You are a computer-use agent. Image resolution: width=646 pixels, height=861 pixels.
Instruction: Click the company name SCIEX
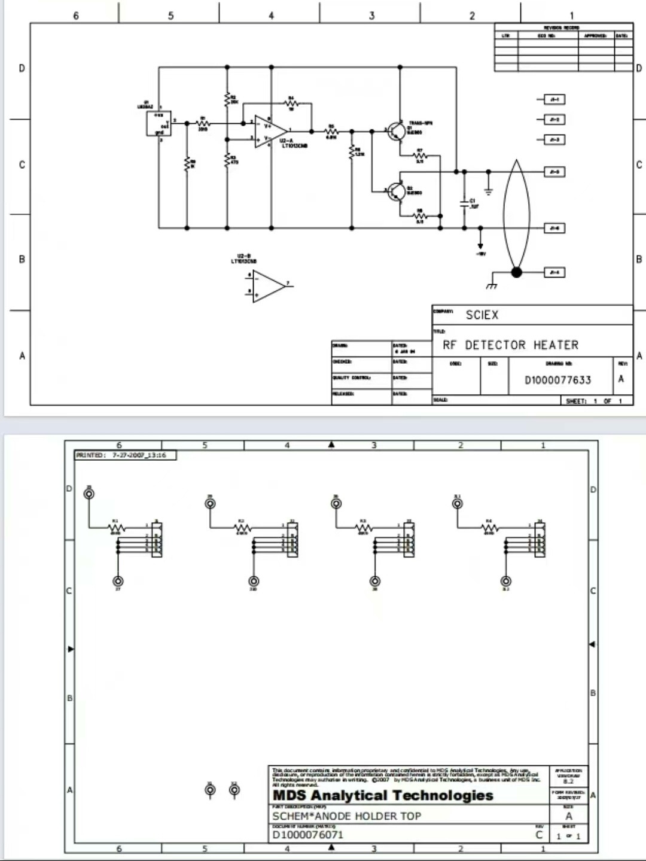[x=482, y=315]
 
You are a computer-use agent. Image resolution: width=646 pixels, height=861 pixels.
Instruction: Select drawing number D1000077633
[x=557, y=380]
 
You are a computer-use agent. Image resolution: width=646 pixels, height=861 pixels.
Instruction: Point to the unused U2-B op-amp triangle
[x=269, y=285]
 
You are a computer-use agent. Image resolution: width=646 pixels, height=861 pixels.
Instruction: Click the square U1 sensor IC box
[x=159, y=123]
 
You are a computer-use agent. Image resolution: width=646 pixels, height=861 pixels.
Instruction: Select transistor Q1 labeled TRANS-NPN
[x=395, y=131]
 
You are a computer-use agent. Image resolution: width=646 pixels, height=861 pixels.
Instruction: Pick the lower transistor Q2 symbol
[x=395, y=191]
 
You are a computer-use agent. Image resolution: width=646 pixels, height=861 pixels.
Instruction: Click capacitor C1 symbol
[x=464, y=203]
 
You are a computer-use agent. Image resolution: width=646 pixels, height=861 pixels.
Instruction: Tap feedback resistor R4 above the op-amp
[x=291, y=104]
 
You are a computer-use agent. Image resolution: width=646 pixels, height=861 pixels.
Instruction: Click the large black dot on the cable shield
[x=517, y=272]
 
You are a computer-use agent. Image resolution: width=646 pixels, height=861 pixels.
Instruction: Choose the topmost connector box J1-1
[x=554, y=99]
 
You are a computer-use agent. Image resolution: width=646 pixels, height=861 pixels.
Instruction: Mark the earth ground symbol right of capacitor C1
[x=487, y=191]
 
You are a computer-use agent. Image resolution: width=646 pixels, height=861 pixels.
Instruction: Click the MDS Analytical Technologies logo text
[x=383, y=795]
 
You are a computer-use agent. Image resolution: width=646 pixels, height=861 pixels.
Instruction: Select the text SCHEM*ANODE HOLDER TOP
[x=347, y=816]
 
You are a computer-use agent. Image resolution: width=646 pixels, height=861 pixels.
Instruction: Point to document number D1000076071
[x=308, y=835]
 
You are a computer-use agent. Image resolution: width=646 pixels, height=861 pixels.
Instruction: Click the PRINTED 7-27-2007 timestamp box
[x=126, y=455]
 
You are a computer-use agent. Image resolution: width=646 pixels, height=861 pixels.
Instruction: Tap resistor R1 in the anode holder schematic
[x=116, y=527]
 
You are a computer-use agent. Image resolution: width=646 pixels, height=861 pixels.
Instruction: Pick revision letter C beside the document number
[x=539, y=835]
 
